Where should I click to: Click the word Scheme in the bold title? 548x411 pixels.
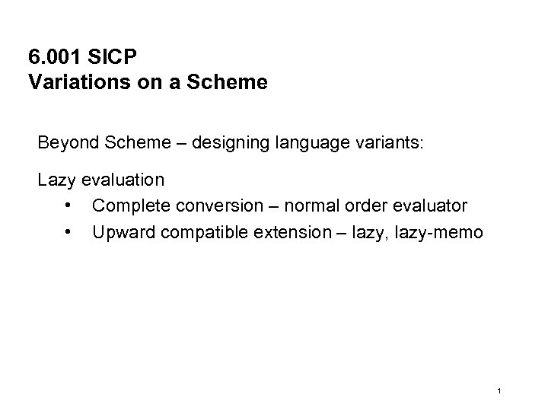(234, 81)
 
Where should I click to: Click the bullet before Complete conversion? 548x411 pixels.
(69, 206)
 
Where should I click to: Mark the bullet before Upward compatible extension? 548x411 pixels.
(69, 231)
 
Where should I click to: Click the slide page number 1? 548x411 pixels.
(497, 391)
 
